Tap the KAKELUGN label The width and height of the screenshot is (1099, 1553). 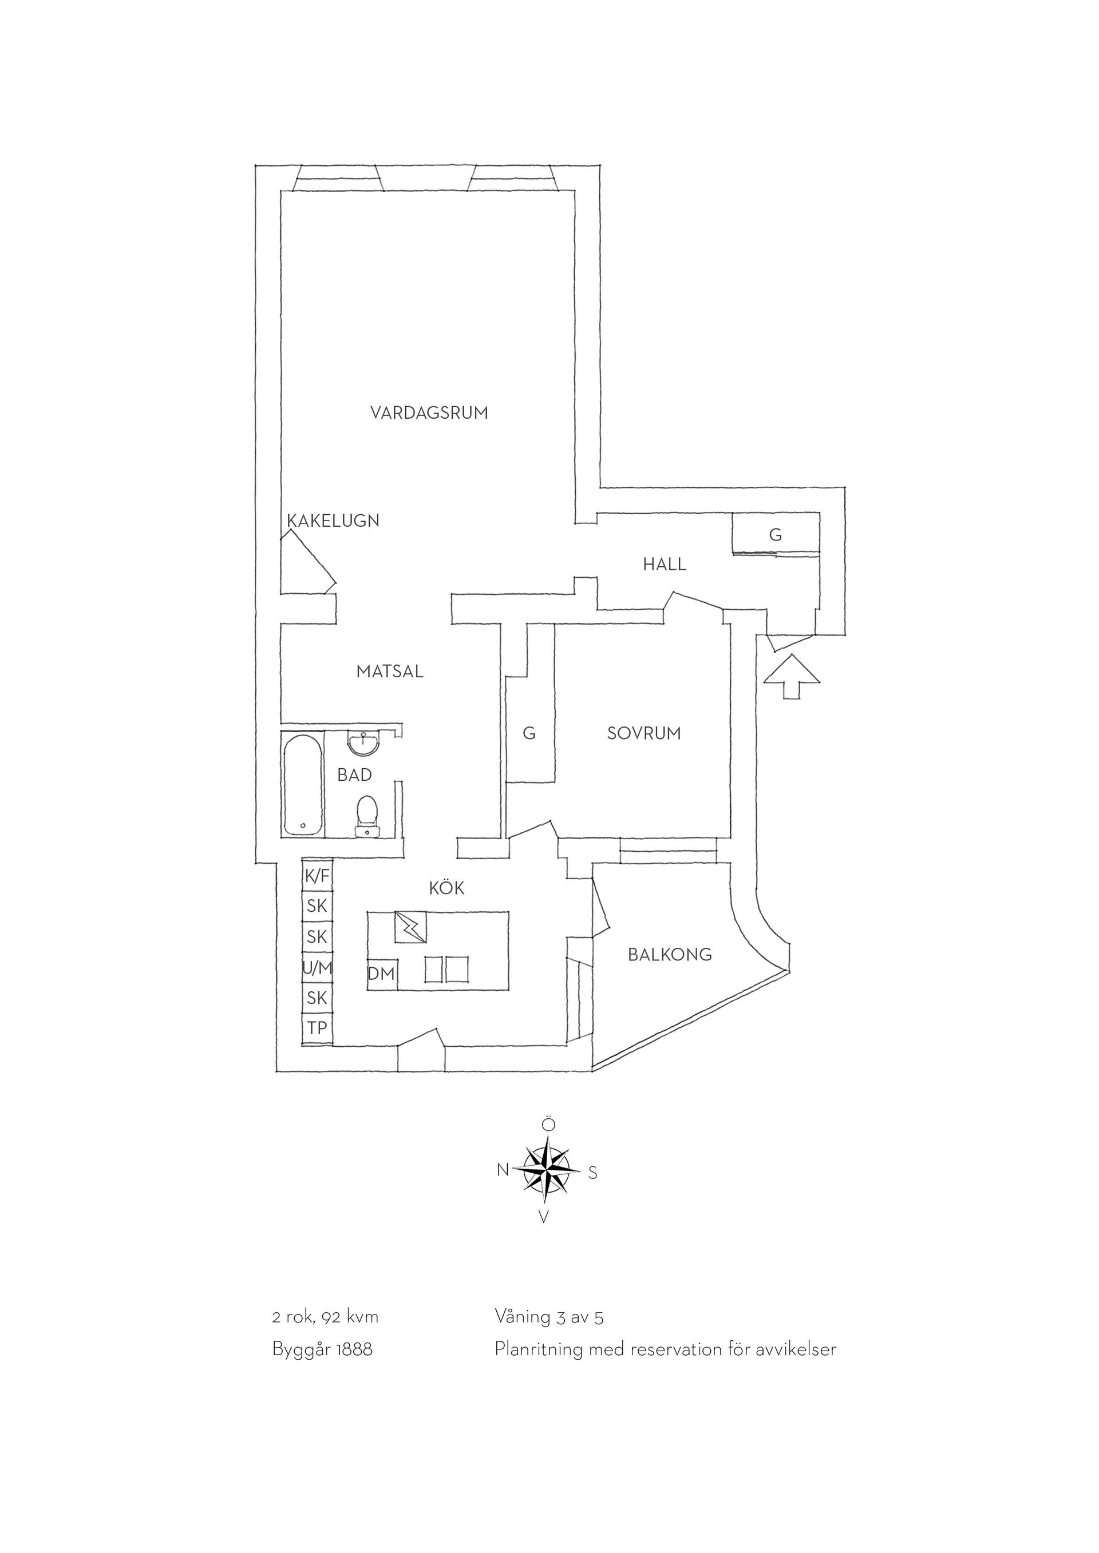[x=333, y=521]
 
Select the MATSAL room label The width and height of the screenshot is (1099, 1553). [x=390, y=672]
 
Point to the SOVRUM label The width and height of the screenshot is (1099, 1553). [x=643, y=733]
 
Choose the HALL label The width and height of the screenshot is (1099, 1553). [x=665, y=564]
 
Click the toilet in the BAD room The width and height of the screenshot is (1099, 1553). [x=366, y=816]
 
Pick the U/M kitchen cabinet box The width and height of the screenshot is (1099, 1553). [x=317, y=968]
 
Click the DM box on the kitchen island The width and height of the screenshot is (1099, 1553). [x=382, y=975]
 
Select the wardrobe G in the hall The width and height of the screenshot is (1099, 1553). [x=776, y=534]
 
